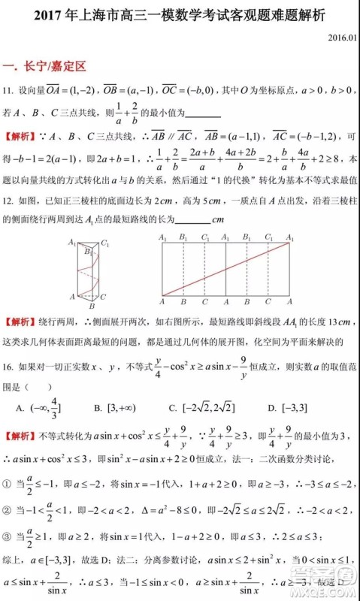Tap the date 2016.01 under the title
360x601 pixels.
(x=342, y=35)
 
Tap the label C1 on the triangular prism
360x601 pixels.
(x=106, y=244)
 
